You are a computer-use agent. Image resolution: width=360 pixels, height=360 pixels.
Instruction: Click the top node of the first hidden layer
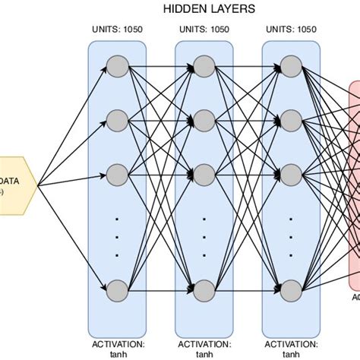(116, 66)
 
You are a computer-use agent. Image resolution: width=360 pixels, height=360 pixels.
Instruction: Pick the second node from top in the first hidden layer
(116, 119)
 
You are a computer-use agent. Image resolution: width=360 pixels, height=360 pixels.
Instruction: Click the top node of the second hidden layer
(204, 66)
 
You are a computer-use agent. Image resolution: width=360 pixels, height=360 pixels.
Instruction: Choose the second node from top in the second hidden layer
(204, 119)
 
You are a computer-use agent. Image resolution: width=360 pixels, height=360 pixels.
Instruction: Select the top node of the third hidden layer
(290, 66)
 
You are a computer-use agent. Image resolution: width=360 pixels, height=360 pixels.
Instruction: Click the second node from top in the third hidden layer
(290, 119)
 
